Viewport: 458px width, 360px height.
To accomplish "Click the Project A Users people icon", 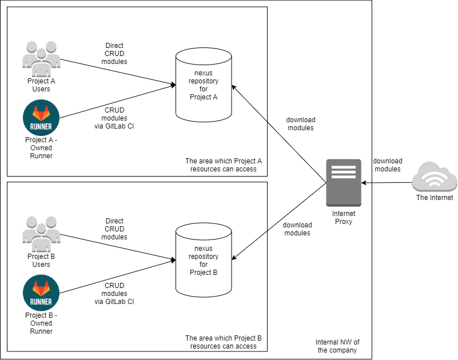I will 41,58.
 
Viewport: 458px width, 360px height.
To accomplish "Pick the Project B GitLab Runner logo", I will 41,293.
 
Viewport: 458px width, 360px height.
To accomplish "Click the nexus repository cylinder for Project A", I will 204,86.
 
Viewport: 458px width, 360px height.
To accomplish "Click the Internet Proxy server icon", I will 344,182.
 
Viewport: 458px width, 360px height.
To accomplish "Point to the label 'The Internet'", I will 435,198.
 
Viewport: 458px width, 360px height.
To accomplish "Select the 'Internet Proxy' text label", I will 344,218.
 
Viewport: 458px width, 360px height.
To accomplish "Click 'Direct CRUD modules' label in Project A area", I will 115,54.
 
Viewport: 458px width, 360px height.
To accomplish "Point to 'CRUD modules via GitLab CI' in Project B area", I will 114,294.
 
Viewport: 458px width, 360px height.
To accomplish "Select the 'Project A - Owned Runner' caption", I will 41,147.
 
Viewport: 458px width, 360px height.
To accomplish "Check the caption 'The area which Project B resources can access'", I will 224,342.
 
